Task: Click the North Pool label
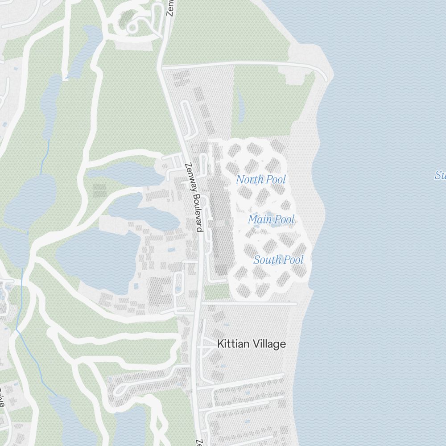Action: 260,180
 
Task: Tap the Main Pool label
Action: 271,219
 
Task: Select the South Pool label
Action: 278,260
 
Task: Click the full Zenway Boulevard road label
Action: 194,197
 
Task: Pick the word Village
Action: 269,344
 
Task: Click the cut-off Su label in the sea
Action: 440,175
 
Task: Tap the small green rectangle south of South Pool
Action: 217,292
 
